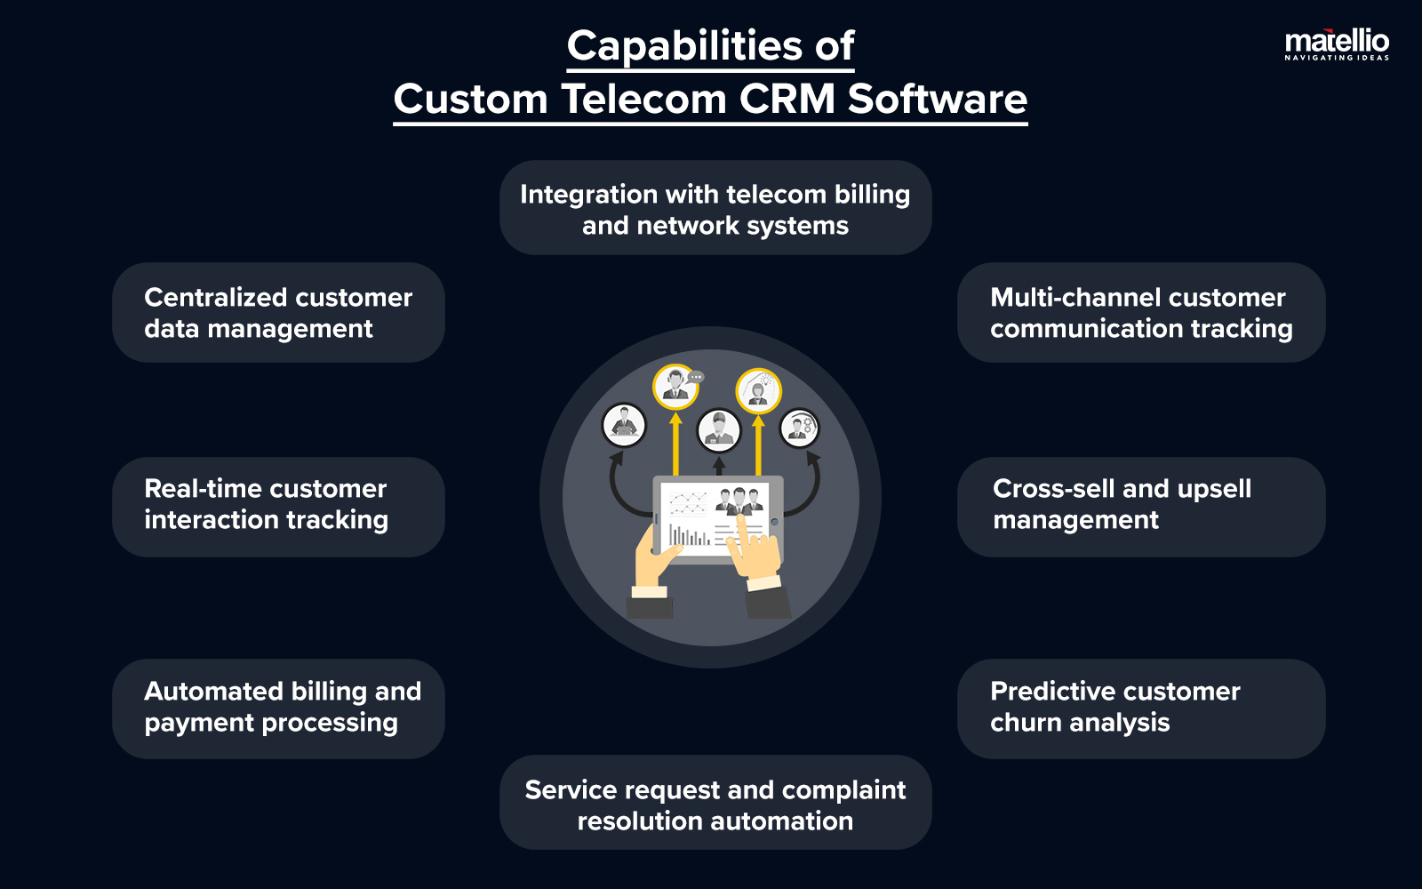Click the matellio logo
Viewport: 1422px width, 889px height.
pyautogui.click(x=1336, y=43)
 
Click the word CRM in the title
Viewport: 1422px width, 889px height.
pyautogui.click(x=787, y=99)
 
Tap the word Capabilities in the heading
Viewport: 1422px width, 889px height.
pyautogui.click(x=673, y=46)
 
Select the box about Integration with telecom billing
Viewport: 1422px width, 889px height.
pyautogui.click(x=715, y=208)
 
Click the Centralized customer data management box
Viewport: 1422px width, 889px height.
pyautogui.click(x=278, y=312)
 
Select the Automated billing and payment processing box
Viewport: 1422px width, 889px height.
pyautogui.click(x=278, y=708)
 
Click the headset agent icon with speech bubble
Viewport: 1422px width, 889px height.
pyautogui.click(x=676, y=387)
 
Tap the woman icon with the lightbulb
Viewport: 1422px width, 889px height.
pyautogui.click(x=758, y=391)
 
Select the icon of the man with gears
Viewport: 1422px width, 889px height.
pyautogui.click(x=799, y=428)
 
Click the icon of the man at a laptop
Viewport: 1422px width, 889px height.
pyautogui.click(x=624, y=425)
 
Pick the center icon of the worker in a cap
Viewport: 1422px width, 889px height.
pyautogui.click(x=718, y=430)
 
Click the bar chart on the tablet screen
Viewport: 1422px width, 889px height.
pyautogui.click(x=689, y=534)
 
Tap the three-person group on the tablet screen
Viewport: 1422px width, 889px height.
pyautogui.click(x=739, y=501)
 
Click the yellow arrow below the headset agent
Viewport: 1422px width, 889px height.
pyautogui.click(x=675, y=444)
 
